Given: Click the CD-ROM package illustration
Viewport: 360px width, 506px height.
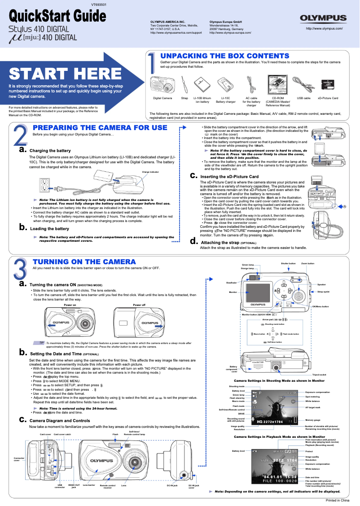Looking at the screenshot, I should click(x=277, y=84).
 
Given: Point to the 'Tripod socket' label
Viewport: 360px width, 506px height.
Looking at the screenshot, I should click(x=319, y=374).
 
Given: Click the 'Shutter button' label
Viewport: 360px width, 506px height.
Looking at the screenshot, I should click(x=288, y=263).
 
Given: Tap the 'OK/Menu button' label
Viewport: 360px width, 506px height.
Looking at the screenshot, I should click(x=320, y=306).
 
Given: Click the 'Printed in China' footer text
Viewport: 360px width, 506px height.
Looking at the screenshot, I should click(x=337, y=500).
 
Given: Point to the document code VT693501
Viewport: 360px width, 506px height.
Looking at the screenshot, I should click(x=99, y=4).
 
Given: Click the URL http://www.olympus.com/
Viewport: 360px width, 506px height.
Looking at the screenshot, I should click(x=324, y=28).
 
